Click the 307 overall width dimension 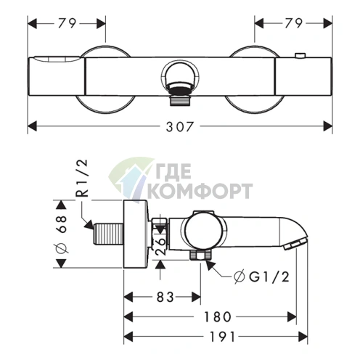pyautogui.click(x=180, y=127)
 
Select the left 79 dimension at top pyautogui.click(x=67, y=23)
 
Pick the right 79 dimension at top pyautogui.click(x=293, y=23)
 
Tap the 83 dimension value pyautogui.click(x=165, y=297)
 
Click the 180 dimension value pyautogui.click(x=218, y=316)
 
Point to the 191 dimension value pyautogui.click(x=222, y=337)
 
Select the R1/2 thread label pyautogui.click(x=81, y=179)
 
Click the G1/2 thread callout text pyautogui.click(x=262, y=277)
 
